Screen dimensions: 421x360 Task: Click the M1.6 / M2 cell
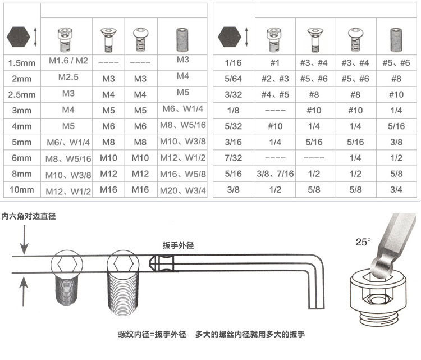pyautogui.click(x=68, y=61)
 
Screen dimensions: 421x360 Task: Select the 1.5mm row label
pyautogui.click(x=22, y=63)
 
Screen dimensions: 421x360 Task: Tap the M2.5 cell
pyautogui.click(x=68, y=78)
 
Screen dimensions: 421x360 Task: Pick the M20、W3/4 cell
pyautogui.click(x=183, y=190)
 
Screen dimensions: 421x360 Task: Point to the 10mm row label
pyautogui.click(x=22, y=190)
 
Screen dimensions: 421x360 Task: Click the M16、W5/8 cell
pyautogui.click(x=183, y=174)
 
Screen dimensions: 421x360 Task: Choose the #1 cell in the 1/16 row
pyautogui.click(x=274, y=63)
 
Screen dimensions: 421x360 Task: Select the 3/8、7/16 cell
pyautogui.click(x=275, y=174)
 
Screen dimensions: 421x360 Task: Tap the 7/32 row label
pyautogui.click(x=234, y=158)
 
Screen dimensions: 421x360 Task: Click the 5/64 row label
pyautogui.click(x=234, y=79)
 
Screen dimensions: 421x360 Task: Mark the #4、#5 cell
pyautogui.click(x=275, y=94)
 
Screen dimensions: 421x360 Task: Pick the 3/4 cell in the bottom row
pyautogui.click(x=396, y=190)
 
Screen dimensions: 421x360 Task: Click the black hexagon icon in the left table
pyautogui.click(x=19, y=37)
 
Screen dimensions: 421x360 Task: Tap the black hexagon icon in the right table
pyautogui.click(x=230, y=37)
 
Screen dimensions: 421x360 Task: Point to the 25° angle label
pyautogui.click(x=363, y=242)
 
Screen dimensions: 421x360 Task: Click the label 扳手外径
pyautogui.click(x=178, y=245)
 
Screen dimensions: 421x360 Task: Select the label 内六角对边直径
pyautogui.click(x=29, y=216)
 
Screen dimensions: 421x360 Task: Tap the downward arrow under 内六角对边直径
pyautogui.click(x=25, y=240)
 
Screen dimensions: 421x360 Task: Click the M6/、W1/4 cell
pyautogui.click(x=68, y=143)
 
